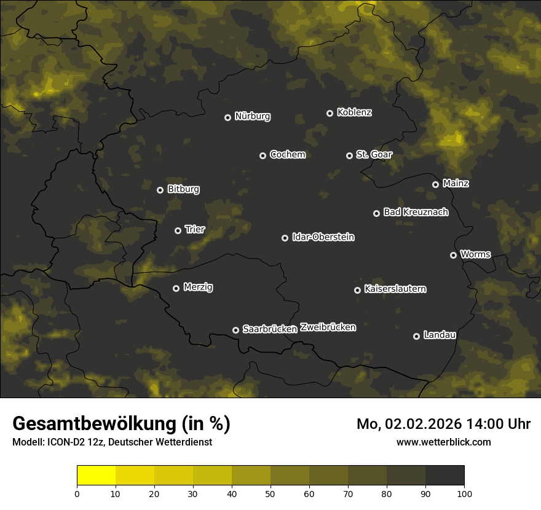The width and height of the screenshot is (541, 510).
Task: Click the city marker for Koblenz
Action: pos(330,113)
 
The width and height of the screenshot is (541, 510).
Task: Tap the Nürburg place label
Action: pos(252,116)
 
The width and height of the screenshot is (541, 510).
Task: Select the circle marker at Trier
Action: pos(178,230)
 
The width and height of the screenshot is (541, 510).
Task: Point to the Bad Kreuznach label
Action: pos(416,212)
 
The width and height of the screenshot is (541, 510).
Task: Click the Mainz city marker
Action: pos(435,184)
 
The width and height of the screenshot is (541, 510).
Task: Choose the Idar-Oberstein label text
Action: pos(323,237)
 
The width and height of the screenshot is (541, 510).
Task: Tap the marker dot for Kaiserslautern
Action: pos(357,290)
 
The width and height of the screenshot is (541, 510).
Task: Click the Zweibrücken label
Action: pos(328,328)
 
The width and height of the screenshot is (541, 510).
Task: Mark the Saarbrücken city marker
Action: pos(235,330)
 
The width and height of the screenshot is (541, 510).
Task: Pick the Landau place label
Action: pos(440,335)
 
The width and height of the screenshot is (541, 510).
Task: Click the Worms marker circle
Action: pos(453,255)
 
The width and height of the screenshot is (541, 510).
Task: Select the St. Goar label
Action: pos(374,155)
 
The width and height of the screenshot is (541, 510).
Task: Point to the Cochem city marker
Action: pos(263,155)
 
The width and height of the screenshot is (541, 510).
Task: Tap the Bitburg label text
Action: pos(183,189)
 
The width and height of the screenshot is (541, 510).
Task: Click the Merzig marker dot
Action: pos(176,288)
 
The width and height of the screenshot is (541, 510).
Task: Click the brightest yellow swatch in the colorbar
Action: pos(96,476)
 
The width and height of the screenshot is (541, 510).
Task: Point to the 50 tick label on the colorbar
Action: pos(270,493)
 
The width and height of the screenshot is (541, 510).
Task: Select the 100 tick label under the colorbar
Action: pos(464,493)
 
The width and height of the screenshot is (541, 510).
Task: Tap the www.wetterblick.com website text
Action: pos(443,442)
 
